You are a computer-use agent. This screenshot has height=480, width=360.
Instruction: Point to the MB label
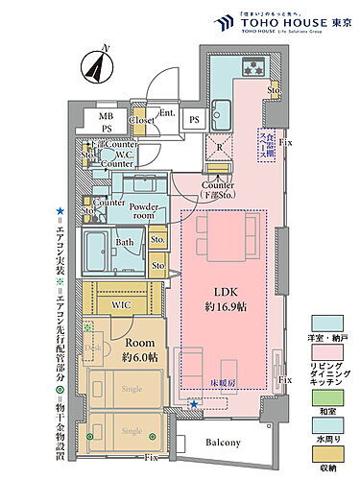click(x=107, y=118)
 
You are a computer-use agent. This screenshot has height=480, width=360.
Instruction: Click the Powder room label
click(x=144, y=212)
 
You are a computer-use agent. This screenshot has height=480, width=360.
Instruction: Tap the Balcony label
click(x=224, y=442)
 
